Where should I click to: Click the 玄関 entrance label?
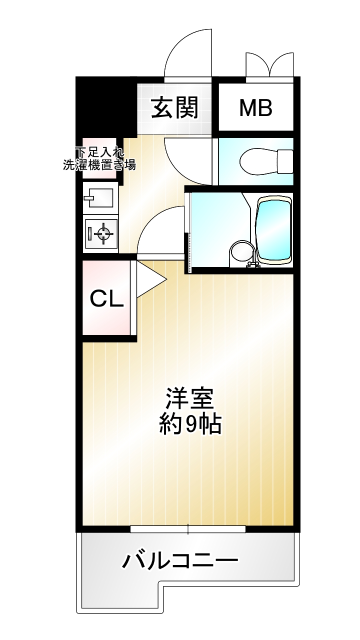pos(174,107)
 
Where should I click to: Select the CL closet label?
pos(107,299)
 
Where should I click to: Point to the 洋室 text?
pos(190,398)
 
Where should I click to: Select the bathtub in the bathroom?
pos(273,230)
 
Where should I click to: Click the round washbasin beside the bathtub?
pos(241,253)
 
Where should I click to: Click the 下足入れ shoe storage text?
pos(99,152)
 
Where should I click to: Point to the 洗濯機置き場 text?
pos(99,165)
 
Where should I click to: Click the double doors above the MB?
pos(269,65)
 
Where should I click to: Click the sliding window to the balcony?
pos(188,529)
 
